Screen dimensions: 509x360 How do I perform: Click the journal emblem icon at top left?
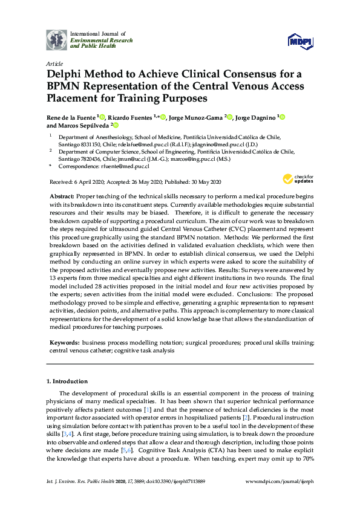point(57,40)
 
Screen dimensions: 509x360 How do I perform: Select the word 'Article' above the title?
point(54,63)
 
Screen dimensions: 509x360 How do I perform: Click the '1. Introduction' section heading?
point(67,381)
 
